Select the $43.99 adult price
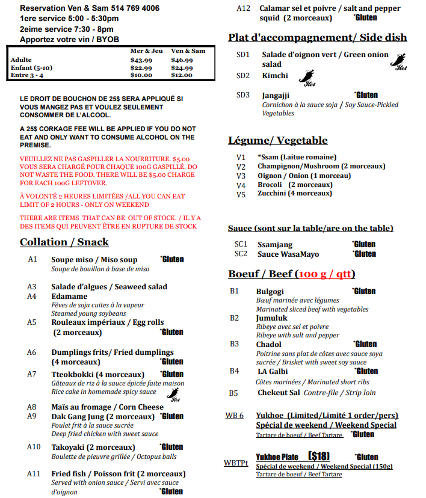(x=141, y=60)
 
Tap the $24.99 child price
(x=182, y=68)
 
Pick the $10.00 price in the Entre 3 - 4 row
(x=141, y=75)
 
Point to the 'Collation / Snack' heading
(x=64, y=242)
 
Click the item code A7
(x=32, y=374)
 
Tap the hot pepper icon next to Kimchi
(x=307, y=78)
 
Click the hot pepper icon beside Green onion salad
(x=400, y=61)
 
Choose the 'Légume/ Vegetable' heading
(x=278, y=141)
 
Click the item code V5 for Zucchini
(x=241, y=194)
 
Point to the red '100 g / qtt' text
(x=325, y=274)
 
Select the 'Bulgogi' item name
(x=270, y=291)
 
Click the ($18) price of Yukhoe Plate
(x=319, y=456)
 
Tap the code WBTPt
(x=236, y=464)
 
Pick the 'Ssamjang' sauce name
(x=275, y=244)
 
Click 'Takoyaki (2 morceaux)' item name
(x=93, y=447)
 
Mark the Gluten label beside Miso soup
(x=172, y=259)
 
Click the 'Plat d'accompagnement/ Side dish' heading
(x=317, y=38)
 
